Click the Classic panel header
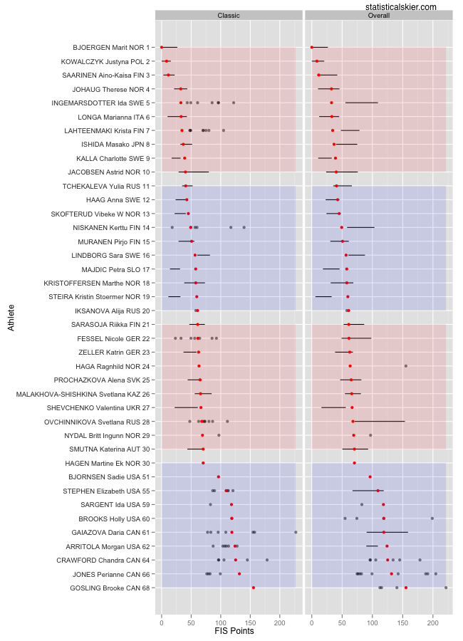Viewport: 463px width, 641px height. coord(229,15)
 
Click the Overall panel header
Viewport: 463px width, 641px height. coord(378,15)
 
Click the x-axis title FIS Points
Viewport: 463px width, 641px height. coord(234,630)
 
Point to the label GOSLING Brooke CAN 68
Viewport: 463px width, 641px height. coord(110,588)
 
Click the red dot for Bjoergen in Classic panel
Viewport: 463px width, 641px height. coord(162,48)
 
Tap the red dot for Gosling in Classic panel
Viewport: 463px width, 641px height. coord(254,588)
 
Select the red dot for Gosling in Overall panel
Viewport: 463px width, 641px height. coord(406,588)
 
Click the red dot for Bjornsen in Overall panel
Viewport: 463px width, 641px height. coord(370,476)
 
